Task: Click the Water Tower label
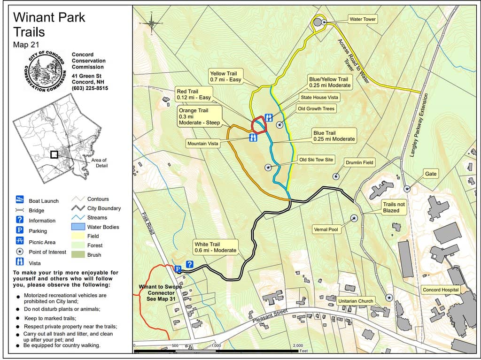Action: tap(363, 19)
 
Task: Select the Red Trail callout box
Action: tap(194, 94)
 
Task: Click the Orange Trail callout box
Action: tap(199, 117)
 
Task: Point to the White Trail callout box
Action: tap(215, 247)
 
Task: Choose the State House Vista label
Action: tap(319, 98)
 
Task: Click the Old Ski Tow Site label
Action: tap(316, 160)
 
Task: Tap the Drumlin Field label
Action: tap(359, 162)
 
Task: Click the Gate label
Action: tap(431, 174)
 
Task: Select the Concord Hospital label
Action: tap(440, 290)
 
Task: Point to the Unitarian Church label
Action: tap(356, 301)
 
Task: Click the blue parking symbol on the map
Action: tap(178, 269)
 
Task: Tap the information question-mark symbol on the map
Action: tap(190, 264)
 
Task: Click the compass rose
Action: tap(152, 22)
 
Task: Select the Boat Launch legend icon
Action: tap(20, 200)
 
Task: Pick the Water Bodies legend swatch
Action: tap(76, 227)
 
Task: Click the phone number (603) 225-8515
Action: tap(90, 88)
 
